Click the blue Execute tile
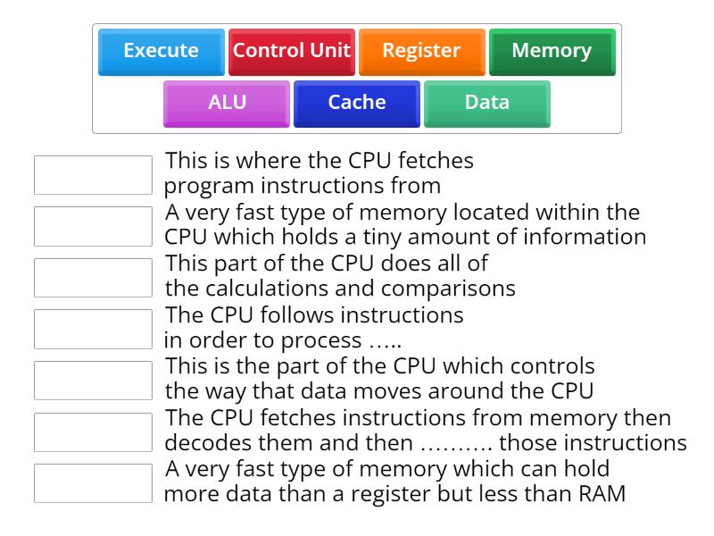pos(161,51)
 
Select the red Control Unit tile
pos(292,51)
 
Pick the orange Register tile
pos(421,51)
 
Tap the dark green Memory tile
pos(552,51)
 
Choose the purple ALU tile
pos(227,103)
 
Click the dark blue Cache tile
pos(357,103)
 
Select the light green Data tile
pos(486,103)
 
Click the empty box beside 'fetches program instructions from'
pos(93,175)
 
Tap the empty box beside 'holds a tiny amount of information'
pos(93,226)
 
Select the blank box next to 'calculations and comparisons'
pos(93,278)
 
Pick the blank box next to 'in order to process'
pos(93,329)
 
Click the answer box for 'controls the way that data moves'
pos(93,381)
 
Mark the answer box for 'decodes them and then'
pos(93,431)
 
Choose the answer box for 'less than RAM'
pos(93,483)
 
